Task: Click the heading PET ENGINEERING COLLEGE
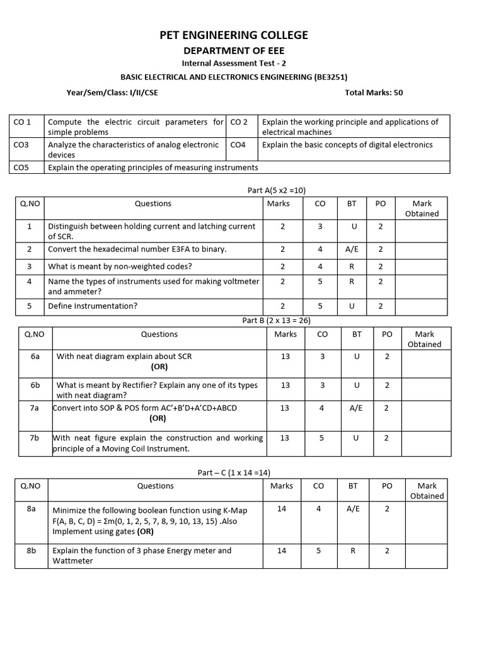(x=234, y=35)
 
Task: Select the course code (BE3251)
(x=330, y=77)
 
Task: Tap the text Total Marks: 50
(x=374, y=93)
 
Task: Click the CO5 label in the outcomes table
(x=21, y=168)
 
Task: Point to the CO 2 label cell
(x=239, y=122)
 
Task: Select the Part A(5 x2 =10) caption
(x=276, y=190)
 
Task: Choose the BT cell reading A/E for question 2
(x=352, y=249)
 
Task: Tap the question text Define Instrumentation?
(x=93, y=306)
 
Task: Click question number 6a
(x=35, y=357)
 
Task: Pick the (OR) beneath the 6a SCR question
(x=159, y=367)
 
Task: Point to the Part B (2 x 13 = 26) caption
(x=276, y=321)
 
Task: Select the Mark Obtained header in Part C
(x=427, y=491)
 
